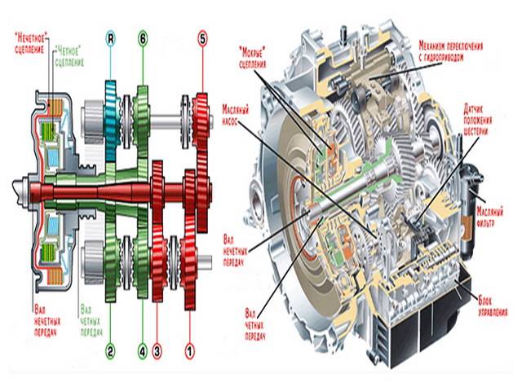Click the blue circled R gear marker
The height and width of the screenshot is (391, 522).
pyautogui.click(x=111, y=37)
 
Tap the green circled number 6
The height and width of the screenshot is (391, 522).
pyautogui.click(x=144, y=37)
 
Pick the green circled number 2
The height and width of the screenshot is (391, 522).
pyautogui.click(x=111, y=351)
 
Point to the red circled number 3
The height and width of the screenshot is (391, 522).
pyautogui.click(x=158, y=351)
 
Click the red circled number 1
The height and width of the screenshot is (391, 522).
pyautogui.click(x=190, y=351)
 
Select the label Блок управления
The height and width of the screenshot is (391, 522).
pyautogui.click(x=489, y=307)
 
